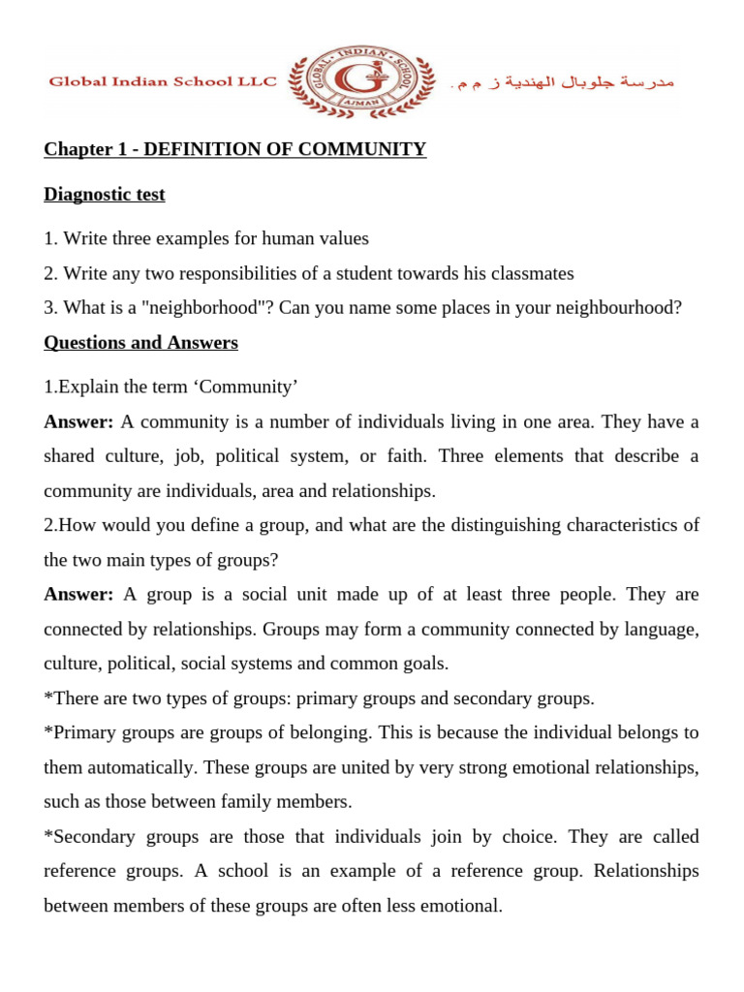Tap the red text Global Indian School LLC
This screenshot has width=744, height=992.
click(x=163, y=82)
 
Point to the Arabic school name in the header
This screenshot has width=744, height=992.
click(x=564, y=82)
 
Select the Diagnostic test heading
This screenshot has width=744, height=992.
click(x=105, y=194)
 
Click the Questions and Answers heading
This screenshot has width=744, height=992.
click(x=140, y=343)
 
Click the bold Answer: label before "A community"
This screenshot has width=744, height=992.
click(x=78, y=421)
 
